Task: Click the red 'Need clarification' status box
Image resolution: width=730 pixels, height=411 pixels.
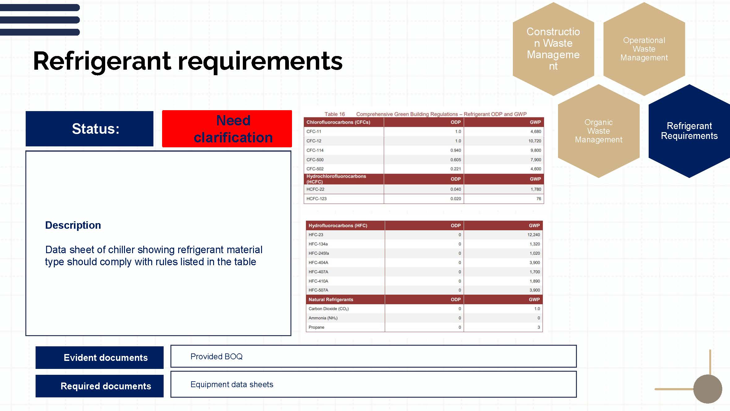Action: pyautogui.click(x=227, y=128)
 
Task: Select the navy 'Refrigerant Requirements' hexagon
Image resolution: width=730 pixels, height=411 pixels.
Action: pyautogui.click(x=689, y=131)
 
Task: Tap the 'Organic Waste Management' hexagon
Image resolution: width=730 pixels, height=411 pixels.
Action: pyautogui.click(x=599, y=131)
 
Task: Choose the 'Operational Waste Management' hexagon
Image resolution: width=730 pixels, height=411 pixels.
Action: pyautogui.click(x=644, y=49)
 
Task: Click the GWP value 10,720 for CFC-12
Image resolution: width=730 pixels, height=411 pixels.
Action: pyautogui.click(x=535, y=141)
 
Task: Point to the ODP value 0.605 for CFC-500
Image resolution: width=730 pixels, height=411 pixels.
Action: pyautogui.click(x=455, y=160)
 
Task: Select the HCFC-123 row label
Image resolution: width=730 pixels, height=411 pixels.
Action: pyautogui.click(x=316, y=199)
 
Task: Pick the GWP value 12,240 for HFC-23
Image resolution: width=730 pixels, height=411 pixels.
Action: pyautogui.click(x=534, y=235)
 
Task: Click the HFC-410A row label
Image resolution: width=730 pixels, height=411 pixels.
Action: pyautogui.click(x=318, y=281)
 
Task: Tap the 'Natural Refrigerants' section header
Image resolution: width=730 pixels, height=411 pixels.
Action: pyautogui.click(x=331, y=300)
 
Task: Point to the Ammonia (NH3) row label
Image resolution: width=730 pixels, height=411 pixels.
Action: pyautogui.click(x=323, y=318)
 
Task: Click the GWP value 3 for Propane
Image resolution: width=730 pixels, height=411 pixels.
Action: pyautogui.click(x=539, y=327)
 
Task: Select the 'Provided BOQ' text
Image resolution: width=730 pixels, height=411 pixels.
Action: pyautogui.click(x=217, y=357)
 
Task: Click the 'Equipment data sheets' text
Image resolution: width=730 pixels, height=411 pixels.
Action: pyautogui.click(x=232, y=384)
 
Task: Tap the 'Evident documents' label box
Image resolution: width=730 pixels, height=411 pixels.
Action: pyautogui.click(x=100, y=357)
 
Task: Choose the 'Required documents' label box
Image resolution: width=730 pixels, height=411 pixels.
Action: pyautogui.click(x=100, y=386)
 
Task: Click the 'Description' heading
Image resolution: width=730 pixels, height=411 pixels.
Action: pyautogui.click(x=73, y=225)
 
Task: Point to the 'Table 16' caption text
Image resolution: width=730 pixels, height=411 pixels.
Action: pyautogui.click(x=334, y=114)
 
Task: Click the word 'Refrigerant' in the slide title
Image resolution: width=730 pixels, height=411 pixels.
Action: pyautogui.click(x=102, y=61)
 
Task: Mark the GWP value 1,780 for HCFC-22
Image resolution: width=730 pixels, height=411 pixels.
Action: pyautogui.click(x=535, y=189)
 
